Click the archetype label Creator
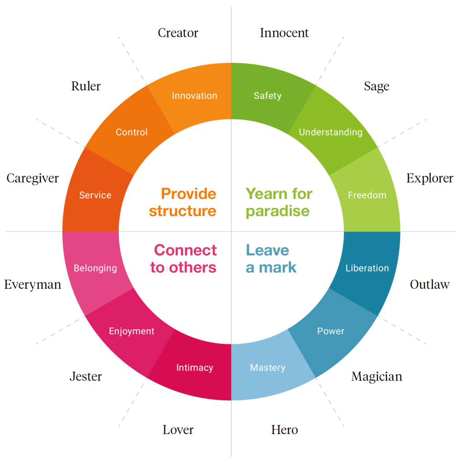178,33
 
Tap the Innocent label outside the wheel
284,33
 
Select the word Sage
376,86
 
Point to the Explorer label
430,178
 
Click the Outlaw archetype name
430,285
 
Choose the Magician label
376,376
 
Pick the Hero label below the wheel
285,429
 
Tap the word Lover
178,429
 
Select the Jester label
86,376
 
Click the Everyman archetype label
33,285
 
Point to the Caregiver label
33,178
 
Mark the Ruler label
86,86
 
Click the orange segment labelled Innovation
194,96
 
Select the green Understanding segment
331,132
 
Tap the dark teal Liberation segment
367,268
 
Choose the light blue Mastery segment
268,368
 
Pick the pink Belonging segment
95,268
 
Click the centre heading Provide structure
183,202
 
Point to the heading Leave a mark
271,259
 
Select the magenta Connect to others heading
183,259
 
